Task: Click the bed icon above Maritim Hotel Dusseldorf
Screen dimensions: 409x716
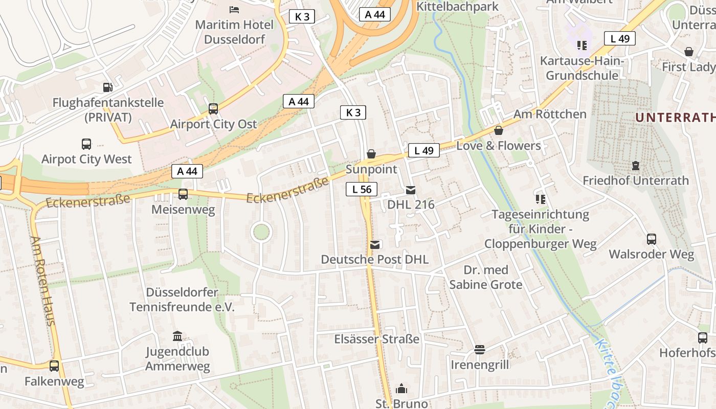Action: (234, 9)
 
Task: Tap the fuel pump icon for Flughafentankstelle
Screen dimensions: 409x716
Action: (107, 87)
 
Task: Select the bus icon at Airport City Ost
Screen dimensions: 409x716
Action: (213, 109)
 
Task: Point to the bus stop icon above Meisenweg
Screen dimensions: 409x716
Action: (183, 194)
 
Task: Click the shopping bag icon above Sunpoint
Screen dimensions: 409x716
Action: (371, 154)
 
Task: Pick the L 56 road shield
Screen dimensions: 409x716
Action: (362, 189)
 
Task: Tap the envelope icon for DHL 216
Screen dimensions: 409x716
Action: (410, 190)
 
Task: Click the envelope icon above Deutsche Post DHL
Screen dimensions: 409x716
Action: (375, 244)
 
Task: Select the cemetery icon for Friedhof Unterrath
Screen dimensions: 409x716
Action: (635, 166)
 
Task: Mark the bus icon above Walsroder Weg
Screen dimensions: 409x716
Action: (651, 239)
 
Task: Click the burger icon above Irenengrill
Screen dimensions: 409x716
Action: (479, 350)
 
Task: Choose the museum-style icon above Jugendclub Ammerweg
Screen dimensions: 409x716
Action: (177, 336)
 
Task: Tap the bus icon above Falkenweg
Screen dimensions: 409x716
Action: (54, 366)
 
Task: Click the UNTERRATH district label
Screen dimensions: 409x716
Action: (675, 118)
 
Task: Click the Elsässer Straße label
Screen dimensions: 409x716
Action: (376, 339)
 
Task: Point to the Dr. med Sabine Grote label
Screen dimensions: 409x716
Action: (486, 277)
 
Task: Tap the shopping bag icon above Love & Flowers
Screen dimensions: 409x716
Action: (498, 131)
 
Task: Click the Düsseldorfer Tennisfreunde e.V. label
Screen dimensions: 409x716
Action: (182, 300)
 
